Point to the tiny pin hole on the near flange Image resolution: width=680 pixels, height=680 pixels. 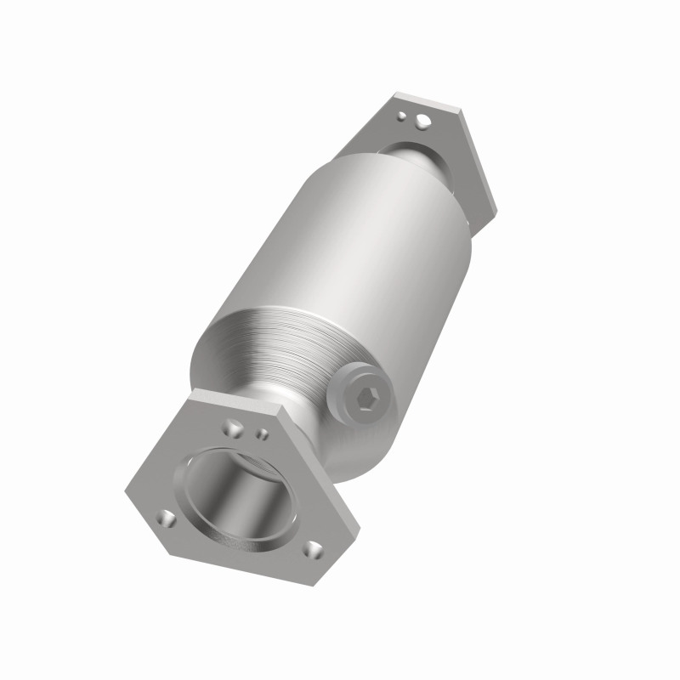[x=263, y=434]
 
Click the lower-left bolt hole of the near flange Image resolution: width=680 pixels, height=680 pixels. [x=167, y=518]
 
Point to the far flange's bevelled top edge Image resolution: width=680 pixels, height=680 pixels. [x=430, y=101]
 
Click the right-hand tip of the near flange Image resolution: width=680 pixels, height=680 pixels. [x=357, y=527]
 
